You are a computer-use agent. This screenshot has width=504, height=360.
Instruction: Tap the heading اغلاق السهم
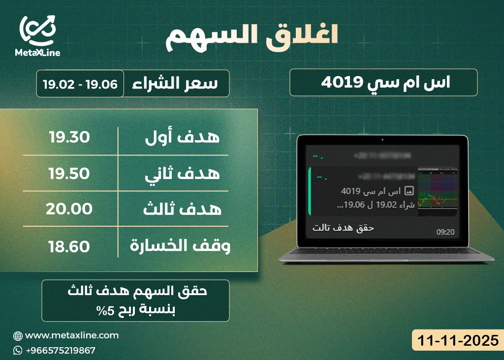pos(252,37)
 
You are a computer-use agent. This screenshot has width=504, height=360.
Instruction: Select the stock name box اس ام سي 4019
pos(383,82)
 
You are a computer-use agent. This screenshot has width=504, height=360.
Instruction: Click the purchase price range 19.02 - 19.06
pos(80,84)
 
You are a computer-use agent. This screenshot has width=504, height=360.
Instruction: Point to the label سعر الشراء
pos(176,84)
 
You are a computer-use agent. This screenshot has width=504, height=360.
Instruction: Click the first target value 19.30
pos(69,138)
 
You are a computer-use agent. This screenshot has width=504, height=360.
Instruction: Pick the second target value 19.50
pos(69,173)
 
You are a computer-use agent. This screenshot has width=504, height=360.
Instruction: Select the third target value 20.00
pos(69,209)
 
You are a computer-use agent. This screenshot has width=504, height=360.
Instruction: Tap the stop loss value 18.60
pos(69,246)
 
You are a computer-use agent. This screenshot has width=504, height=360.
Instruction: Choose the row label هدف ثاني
pos(183,174)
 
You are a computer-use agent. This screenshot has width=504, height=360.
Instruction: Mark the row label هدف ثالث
pos(183,210)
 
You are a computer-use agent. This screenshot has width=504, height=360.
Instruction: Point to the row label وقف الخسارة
pos(180,246)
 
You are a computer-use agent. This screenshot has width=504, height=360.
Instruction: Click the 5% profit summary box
pos(135,300)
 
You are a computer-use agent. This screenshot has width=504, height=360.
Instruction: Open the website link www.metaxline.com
pos(72,335)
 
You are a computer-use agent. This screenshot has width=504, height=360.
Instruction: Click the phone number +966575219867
pos(60,350)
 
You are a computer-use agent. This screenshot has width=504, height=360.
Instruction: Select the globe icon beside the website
pos(18,336)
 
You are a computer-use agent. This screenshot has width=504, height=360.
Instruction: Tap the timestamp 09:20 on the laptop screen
pos(445,231)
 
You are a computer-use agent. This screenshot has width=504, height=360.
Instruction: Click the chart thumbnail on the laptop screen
pos(438,192)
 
